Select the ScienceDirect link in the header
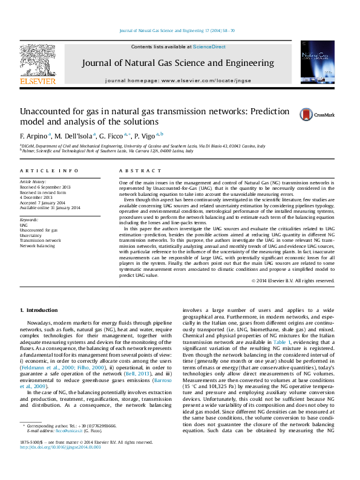pyautogui.click(x=209, y=47)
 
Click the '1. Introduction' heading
pyautogui.click(x=38, y=310)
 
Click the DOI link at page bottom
pyautogui.click(x=61, y=465)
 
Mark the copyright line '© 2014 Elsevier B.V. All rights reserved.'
pyautogui.click(x=293, y=281)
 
